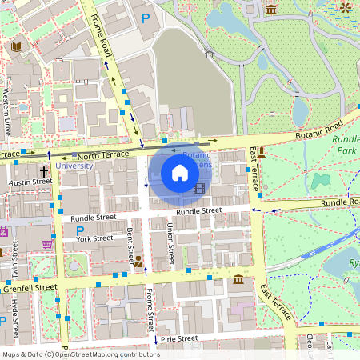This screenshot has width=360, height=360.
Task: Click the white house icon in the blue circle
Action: [x=180, y=172]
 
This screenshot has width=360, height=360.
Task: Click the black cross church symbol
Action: [x=44, y=171]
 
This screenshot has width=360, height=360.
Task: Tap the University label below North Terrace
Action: [x=74, y=166]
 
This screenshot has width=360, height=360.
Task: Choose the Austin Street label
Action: [x=30, y=182]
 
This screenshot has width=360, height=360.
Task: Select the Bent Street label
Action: [x=130, y=245]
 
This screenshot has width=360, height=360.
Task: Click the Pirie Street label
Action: [x=178, y=338]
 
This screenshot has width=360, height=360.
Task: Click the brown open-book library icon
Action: [x=17, y=47]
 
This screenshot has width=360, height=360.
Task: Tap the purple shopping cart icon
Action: [x=47, y=243]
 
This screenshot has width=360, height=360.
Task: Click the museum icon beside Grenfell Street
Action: [x=239, y=279]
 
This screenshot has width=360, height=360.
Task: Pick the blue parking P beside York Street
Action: [x=80, y=230]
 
